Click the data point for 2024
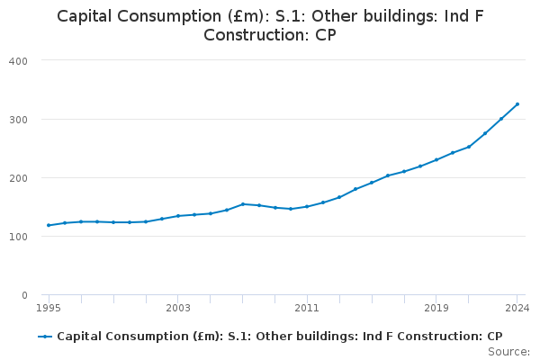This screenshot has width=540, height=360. pos(517,104)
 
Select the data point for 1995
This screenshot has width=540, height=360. pos(49,225)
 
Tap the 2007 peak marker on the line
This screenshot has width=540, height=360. pos(243,204)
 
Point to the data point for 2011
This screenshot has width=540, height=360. pos(307,207)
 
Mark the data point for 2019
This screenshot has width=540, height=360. pos(436,160)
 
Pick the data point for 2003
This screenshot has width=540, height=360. pos(178,216)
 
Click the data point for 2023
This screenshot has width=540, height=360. pos(501,119)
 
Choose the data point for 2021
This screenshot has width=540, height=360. pos(469,147)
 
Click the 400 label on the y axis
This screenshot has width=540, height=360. pos(18,61)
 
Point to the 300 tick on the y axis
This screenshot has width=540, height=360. pos(18,120)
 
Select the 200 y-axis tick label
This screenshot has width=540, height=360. pos(18,178)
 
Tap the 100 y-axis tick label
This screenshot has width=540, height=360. pos(18,237)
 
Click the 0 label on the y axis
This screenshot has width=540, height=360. pos(24,295)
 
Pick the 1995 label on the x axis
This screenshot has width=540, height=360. pos(49,308)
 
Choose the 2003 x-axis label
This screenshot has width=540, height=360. pos(178,308)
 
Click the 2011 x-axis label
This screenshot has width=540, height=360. pos(307,308)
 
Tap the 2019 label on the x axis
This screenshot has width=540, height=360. pos(436,308)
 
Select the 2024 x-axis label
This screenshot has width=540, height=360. pos(517,308)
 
